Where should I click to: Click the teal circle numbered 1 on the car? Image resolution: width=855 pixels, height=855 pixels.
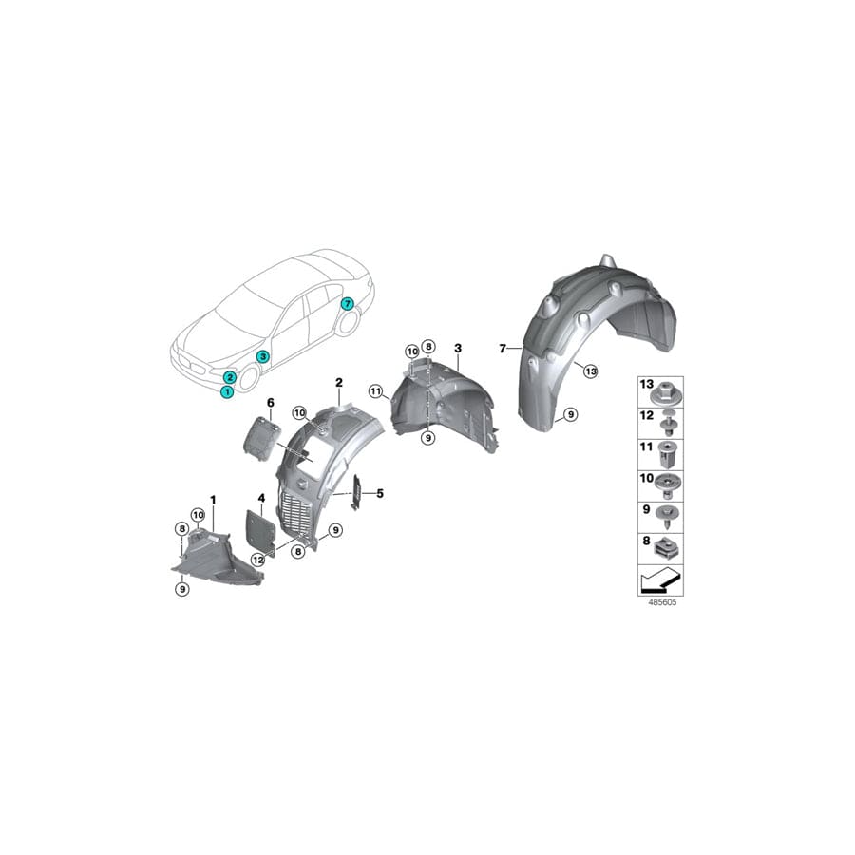point(227,391)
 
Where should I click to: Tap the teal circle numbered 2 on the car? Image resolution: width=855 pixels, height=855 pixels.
point(231,377)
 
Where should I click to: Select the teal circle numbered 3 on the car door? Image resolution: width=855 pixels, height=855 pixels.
point(263,356)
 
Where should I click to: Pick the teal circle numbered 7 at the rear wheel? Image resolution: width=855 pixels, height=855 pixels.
point(347,304)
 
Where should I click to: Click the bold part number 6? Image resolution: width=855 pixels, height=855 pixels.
point(270,404)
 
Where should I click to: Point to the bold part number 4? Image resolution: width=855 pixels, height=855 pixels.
point(260,497)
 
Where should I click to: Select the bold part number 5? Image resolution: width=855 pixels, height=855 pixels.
point(380,493)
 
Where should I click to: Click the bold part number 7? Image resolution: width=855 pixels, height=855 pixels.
point(503,349)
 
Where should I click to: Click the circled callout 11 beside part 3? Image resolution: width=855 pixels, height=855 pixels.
point(375,390)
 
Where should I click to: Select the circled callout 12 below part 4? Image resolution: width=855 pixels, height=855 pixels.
point(256,561)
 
